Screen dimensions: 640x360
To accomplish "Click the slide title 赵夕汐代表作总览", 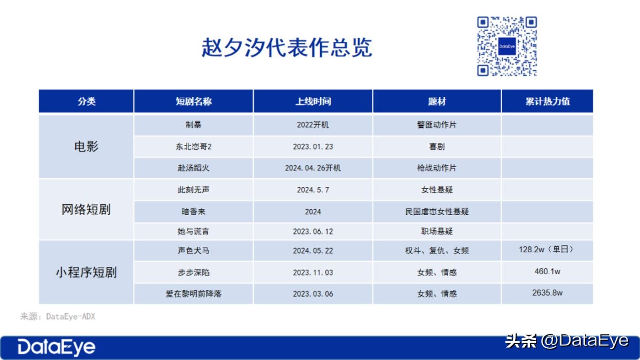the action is click(287, 48).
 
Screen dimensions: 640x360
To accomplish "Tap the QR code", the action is click(507, 46).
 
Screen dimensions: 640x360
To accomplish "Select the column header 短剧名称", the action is click(193, 101).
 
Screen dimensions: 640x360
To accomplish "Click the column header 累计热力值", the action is click(548, 101).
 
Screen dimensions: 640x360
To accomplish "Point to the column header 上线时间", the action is click(313, 101).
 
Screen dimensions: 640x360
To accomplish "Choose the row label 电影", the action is click(86, 147).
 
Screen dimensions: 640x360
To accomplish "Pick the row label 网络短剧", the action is click(86, 210).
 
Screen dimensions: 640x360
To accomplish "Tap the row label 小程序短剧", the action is click(86, 272).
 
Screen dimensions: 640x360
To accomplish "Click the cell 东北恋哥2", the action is click(193, 147).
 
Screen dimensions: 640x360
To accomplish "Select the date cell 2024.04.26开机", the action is click(313, 168).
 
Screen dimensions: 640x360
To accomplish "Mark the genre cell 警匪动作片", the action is click(437, 125).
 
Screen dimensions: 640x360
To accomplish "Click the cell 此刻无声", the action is click(193, 190).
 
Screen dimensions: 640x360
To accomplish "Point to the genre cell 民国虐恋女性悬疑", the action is click(437, 212).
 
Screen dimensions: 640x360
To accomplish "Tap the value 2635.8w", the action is click(548, 293).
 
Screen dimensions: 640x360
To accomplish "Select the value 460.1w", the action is click(548, 271).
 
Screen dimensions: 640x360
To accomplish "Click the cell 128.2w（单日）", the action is click(546, 249).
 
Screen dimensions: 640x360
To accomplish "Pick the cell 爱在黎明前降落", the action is click(193, 294).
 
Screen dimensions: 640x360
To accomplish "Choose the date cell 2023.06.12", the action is click(313, 231).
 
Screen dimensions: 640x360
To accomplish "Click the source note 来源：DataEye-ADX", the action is click(58, 316).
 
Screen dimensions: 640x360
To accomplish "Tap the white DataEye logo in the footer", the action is click(56, 347).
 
